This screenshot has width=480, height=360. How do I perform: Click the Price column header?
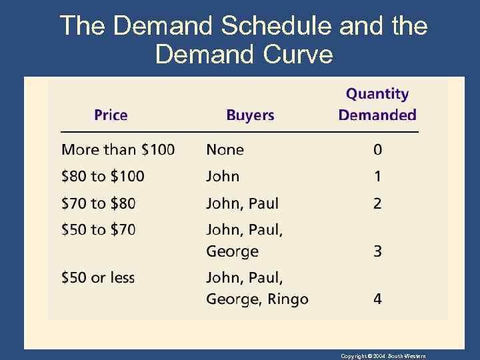coord(111,115)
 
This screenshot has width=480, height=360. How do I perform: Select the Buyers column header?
coord(250,115)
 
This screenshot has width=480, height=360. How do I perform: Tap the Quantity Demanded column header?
coord(377,105)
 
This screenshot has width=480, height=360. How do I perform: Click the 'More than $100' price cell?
coord(118,149)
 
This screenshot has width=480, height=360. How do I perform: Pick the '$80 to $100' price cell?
coord(103,176)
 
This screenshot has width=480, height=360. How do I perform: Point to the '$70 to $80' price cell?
coord(98,203)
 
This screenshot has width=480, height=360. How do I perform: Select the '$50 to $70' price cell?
coord(98,230)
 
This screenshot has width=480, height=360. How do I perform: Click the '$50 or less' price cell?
coord(98,277)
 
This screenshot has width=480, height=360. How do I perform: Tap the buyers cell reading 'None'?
coord(225,149)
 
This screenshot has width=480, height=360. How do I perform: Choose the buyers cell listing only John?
coord(223,176)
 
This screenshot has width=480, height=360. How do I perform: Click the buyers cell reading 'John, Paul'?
coord(243,203)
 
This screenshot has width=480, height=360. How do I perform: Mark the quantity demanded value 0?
coord(377,149)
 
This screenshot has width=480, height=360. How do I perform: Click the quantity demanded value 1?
coord(377,176)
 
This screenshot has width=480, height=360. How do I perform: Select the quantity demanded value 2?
coord(377,203)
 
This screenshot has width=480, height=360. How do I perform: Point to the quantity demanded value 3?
coord(377,251)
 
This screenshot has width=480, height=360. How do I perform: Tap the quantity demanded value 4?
coord(377,299)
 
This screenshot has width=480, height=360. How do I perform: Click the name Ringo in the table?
coord(288,299)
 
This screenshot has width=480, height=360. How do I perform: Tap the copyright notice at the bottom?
coord(383,356)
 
